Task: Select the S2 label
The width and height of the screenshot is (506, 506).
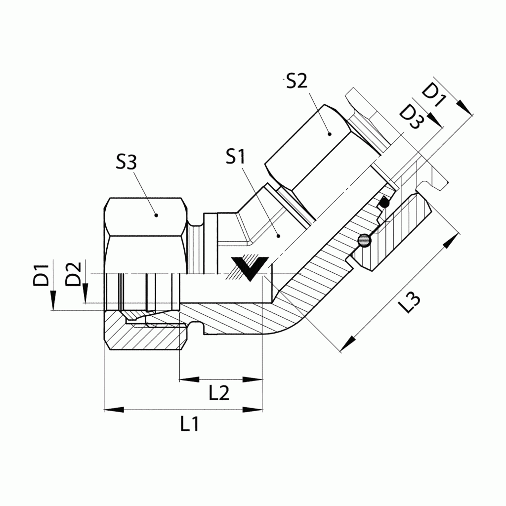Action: point(297,81)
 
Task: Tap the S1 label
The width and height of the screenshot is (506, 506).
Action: point(236,157)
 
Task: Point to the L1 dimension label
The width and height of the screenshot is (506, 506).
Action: point(189,424)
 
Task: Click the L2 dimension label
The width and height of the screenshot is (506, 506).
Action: point(219,393)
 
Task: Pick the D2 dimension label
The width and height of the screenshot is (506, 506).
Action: point(74,275)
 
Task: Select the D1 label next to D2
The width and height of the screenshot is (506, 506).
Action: point(42,275)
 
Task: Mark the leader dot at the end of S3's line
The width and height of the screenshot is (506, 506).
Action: point(156,215)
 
